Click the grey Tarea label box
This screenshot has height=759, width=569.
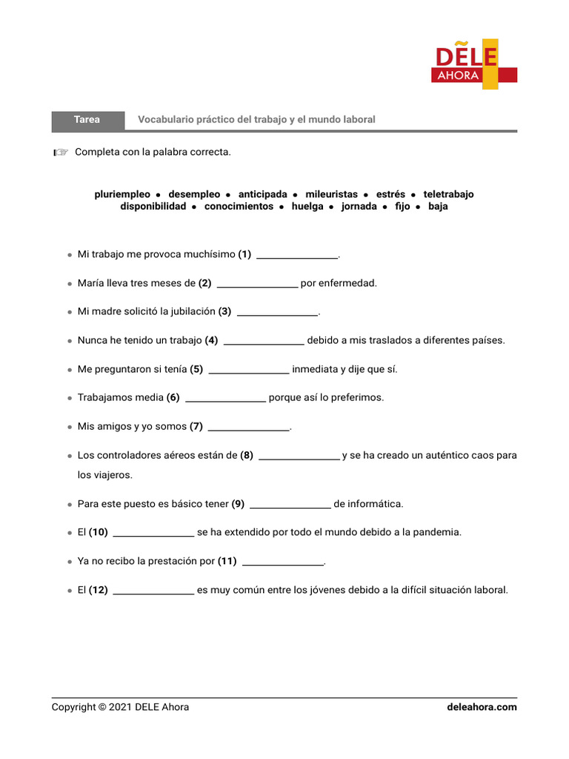click(x=87, y=119)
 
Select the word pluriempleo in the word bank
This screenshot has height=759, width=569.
click(x=122, y=194)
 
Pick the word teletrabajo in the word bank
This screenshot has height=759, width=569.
click(x=448, y=194)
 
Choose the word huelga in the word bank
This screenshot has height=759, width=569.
click(x=307, y=207)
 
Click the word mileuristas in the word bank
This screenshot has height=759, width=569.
click(x=331, y=194)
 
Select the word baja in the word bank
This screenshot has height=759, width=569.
click(x=438, y=207)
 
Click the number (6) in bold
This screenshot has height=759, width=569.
click(x=173, y=398)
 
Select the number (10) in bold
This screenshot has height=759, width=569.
click(x=99, y=532)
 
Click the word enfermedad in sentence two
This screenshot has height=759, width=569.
click(x=346, y=283)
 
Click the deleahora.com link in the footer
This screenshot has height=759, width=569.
click(x=482, y=707)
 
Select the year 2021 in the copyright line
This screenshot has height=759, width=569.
click(x=120, y=707)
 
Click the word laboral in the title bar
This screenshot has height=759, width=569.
click(x=358, y=119)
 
